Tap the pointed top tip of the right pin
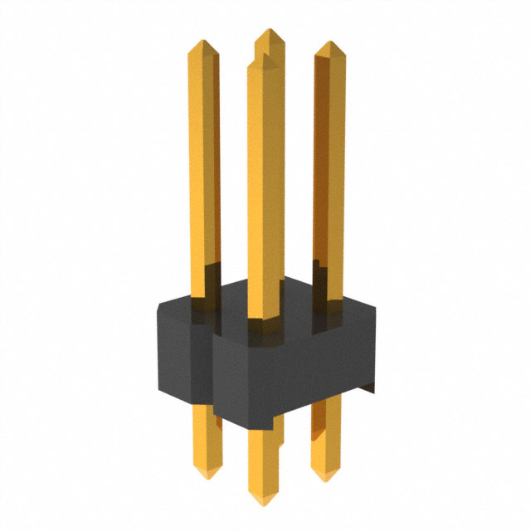(x=329, y=43)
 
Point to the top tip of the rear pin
(x=268, y=31)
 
